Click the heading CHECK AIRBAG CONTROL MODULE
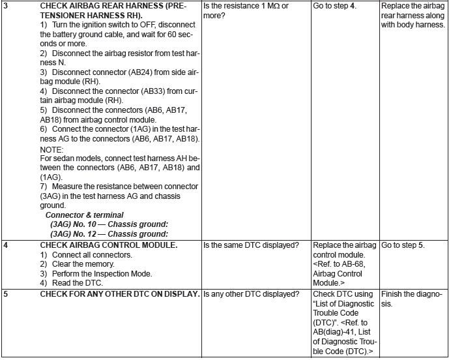pos(109,245)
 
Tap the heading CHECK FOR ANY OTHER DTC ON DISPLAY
pos(120,294)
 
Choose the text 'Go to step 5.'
pos(402,245)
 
